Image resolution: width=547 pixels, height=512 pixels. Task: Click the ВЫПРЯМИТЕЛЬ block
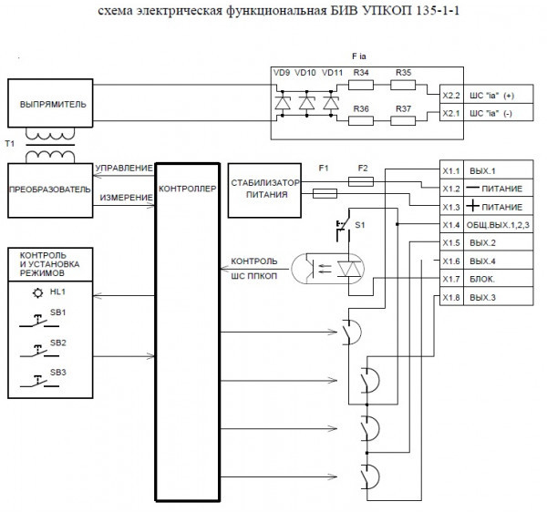53,105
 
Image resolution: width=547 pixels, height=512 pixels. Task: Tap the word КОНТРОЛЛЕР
187,189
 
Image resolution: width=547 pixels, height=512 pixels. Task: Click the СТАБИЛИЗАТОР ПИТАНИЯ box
261,188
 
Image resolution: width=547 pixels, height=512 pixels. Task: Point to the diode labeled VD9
283,104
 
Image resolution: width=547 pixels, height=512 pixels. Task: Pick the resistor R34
361,86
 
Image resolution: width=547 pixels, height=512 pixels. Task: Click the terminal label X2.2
450,95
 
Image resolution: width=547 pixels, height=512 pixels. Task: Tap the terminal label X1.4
450,224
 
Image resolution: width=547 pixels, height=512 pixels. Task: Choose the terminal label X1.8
450,297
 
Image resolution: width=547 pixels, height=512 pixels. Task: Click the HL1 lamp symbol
37,292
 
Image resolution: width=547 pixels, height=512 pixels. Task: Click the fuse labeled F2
362,181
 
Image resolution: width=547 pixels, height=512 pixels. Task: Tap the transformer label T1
10,145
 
